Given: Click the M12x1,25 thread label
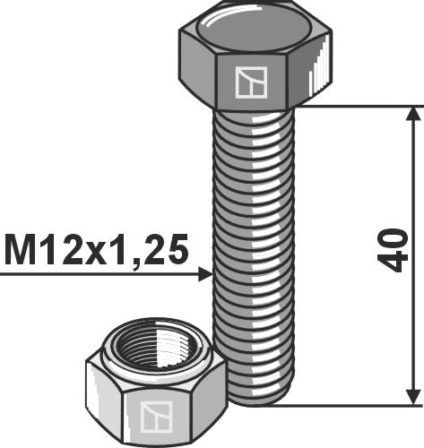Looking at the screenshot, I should [x=97, y=250].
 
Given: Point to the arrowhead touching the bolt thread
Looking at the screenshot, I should [x=204, y=275].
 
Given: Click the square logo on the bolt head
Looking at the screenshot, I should [x=247, y=82].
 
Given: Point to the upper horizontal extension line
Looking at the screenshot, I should [x=359, y=106].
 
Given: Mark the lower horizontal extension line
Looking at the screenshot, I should [x=359, y=405].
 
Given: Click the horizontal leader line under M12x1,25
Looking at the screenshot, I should [x=99, y=275].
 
